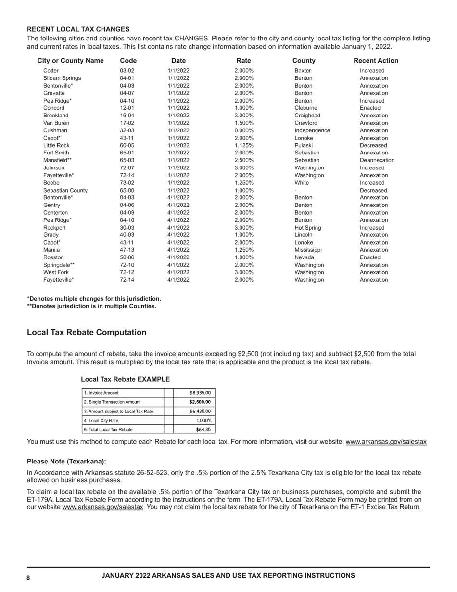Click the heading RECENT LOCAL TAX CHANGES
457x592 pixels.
(x=78, y=29)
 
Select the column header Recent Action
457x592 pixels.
(x=376, y=61)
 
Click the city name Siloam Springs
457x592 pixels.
(x=62, y=78)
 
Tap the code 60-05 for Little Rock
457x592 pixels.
(x=127, y=145)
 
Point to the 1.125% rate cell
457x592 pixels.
(x=244, y=145)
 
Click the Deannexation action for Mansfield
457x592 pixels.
(x=377, y=160)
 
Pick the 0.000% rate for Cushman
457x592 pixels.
(x=244, y=130)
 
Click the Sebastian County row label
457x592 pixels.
(x=65, y=190)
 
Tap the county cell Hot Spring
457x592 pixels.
(x=307, y=228)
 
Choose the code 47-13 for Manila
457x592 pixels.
(x=127, y=250)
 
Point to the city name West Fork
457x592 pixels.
(x=56, y=272)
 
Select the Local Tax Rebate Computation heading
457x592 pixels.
(x=87, y=333)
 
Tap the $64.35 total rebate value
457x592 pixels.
(x=203, y=430)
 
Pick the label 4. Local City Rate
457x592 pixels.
(x=101, y=420)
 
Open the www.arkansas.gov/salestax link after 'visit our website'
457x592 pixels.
(x=386, y=442)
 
